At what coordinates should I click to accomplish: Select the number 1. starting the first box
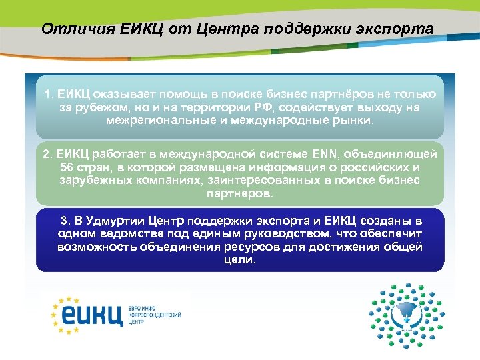coord(48,94)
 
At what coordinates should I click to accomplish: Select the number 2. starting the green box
coord(47,154)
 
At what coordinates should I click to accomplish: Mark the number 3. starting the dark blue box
coord(65,221)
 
